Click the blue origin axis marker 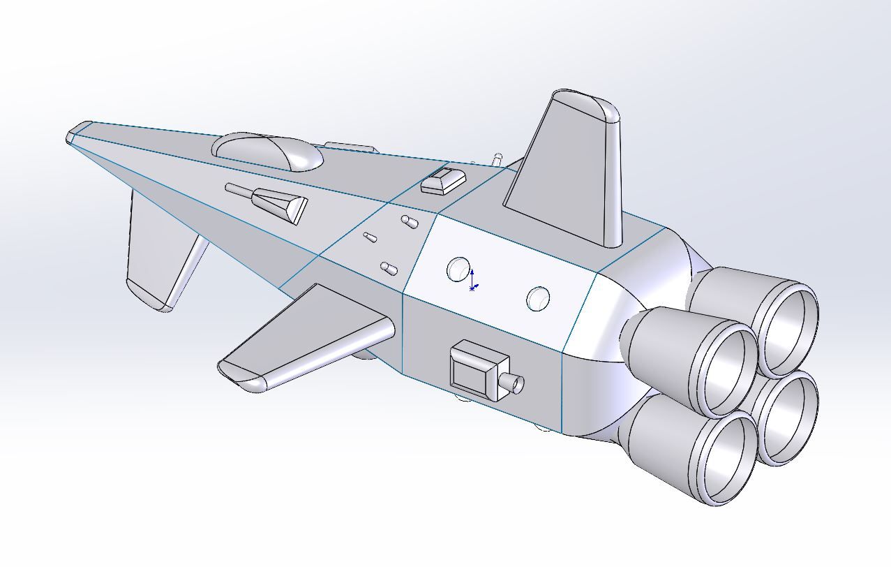pyautogui.click(x=473, y=279)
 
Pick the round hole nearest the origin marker pyautogui.click(x=458, y=269)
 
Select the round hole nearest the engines pyautogui.click(x=539, y=299)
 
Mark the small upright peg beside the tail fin pyautogui.click(x=497, y=161)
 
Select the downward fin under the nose pyautogui.click(x=157, y=258)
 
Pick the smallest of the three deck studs pyautogui.click(x=370, y=238)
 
